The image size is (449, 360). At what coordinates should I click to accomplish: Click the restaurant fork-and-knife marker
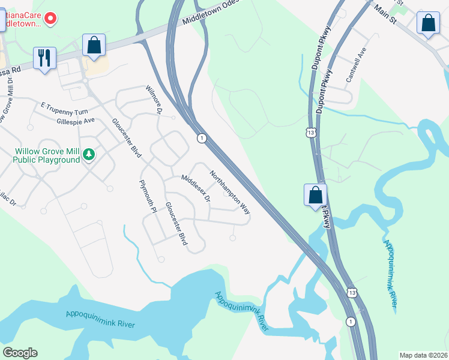(44, 58)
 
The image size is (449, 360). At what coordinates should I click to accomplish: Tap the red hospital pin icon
(50, 19)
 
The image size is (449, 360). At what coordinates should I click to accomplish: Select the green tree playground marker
(89, 155)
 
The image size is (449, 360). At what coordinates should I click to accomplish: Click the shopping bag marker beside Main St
(429, 23)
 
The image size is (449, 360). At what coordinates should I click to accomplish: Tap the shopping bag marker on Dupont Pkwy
(315, 195)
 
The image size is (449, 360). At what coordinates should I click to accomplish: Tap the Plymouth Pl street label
(147, 196)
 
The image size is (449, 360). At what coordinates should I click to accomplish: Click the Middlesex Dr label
(196, 187)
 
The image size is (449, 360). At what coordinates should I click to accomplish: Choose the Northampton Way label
(229, 193)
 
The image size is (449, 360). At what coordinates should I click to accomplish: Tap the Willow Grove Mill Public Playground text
(47, 155)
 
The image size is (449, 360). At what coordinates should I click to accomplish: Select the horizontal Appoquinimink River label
(100, 319)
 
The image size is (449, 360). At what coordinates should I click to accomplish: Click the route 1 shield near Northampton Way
(202, 138)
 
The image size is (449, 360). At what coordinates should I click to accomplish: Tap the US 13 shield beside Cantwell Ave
(310, 132)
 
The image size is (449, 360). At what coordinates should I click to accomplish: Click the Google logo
(20, 353)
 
